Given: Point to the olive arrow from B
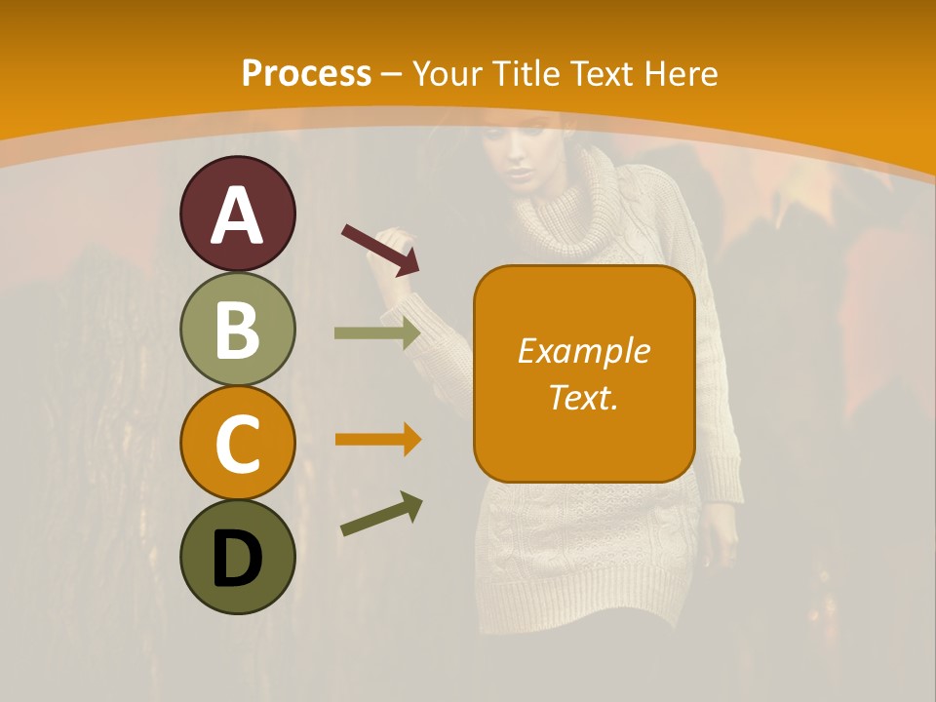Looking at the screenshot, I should pos(376,332).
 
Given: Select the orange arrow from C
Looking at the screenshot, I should pos(377,440).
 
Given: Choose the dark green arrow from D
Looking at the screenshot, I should pos(380,515).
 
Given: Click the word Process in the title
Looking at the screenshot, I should pos(306,74).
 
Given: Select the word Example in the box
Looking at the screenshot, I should pos(583,351).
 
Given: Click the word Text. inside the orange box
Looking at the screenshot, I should pos(583,397).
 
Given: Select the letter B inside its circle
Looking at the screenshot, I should pos(237,330).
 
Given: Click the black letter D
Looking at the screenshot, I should pos(237,559).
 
